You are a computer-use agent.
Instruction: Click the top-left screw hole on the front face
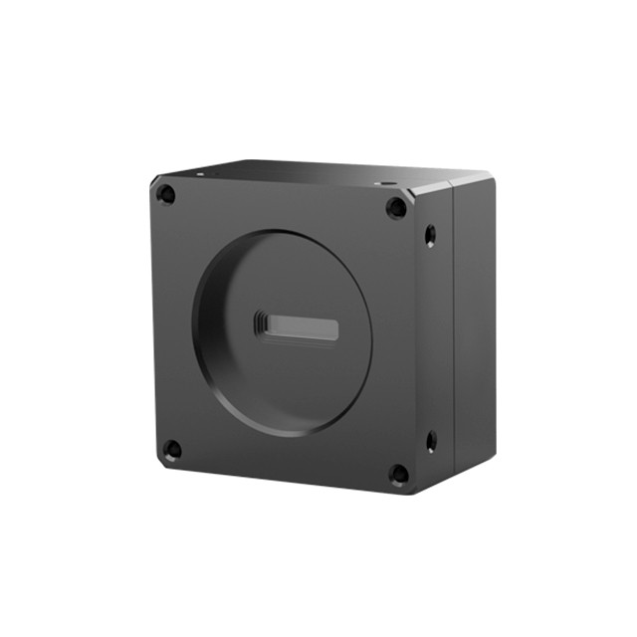167,195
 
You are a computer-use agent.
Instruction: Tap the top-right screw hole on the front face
396,208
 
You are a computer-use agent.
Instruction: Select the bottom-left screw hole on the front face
172,449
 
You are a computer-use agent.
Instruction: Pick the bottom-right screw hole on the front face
398,474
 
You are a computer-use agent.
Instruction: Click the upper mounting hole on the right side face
430,235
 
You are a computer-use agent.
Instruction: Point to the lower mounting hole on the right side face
431,440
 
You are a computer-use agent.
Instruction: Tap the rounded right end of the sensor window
334,329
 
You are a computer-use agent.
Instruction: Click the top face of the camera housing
299,174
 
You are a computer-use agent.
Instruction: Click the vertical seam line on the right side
454,328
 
